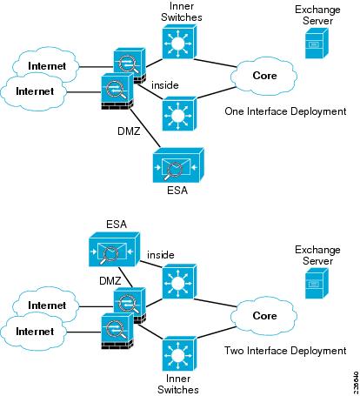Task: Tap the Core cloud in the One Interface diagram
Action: (263, 76)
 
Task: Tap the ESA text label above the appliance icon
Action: (116, 224)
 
